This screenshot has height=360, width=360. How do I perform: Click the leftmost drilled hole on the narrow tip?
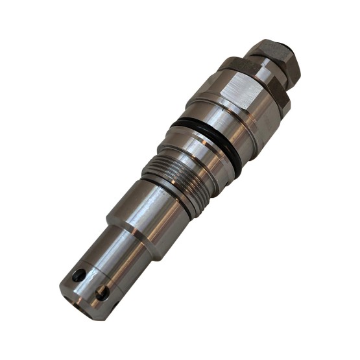79,275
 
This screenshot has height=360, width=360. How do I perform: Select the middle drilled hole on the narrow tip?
102,293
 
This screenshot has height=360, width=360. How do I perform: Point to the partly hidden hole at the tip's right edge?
115,302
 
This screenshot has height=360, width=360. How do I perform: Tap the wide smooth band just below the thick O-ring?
195,156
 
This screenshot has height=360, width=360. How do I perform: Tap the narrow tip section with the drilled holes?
97,266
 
